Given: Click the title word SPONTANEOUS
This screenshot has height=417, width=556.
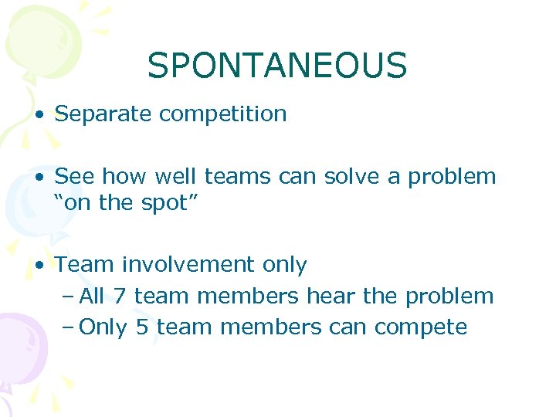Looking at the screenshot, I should [277, 66].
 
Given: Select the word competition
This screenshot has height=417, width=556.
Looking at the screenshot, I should [223, 114].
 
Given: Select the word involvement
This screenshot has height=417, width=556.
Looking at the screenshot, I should [188, 265].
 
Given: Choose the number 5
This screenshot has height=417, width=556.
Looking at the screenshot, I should [141, 327].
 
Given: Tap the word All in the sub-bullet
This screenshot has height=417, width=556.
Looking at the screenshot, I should [93, 296].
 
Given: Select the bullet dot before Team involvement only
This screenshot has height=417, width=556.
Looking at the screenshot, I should [39, 266].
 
